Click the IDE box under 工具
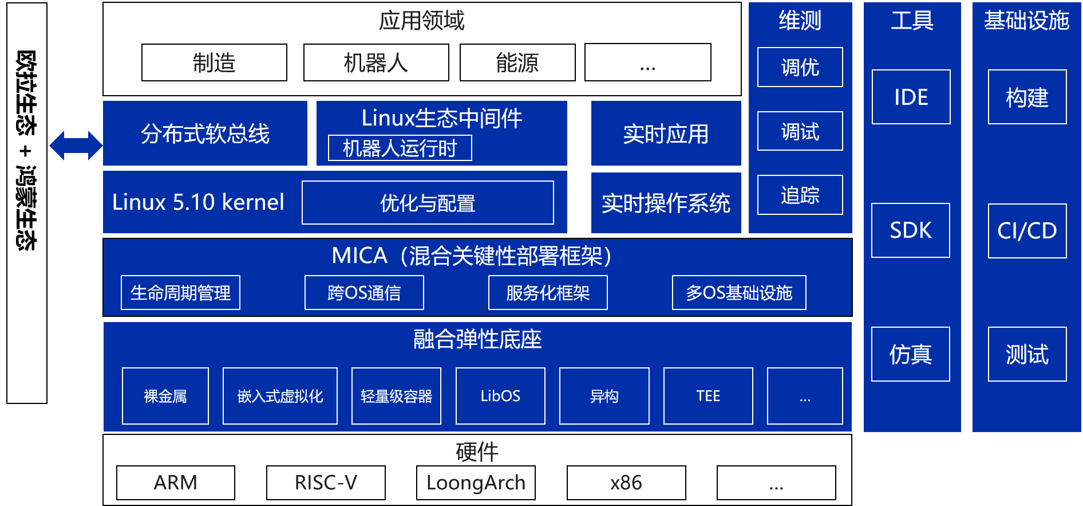tap(911, 97)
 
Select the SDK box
tap(910, 230)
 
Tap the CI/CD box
tap(1027, 231)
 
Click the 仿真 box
tap(910, 354)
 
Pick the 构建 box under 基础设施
tap(1027, 97)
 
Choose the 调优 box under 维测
tap(800, 67)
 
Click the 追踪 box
tap(800, 195)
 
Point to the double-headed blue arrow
tap(76, 146)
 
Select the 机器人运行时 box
tap(400, 148)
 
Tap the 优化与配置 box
tap(428, 203)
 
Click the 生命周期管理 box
tap(180, 293)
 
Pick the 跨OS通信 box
tap(364, 293)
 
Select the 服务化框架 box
tap(548, 293)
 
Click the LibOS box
tap(500, 396)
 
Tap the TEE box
tap(708, 396)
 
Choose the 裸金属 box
tap(165, 396)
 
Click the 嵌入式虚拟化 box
tap(280, 396)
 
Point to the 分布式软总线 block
tap(205, 134)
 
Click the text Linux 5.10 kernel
tap(198, 202)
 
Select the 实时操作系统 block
tap(666, 203)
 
